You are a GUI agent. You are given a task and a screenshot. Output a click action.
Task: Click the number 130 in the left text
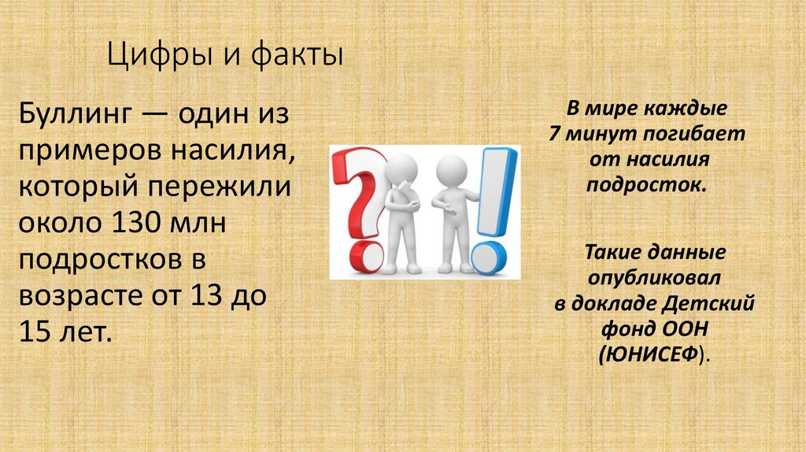pyautogui.click(x=136, y=222)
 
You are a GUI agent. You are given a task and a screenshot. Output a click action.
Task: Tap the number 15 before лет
pyautogui.click(x=33, y=330)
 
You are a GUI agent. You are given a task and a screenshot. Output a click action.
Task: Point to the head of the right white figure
pyautogui.click(x=451, y=167)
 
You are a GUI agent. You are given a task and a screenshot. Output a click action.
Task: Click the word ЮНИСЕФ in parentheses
pyautogui.click(x=649, y=354)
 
